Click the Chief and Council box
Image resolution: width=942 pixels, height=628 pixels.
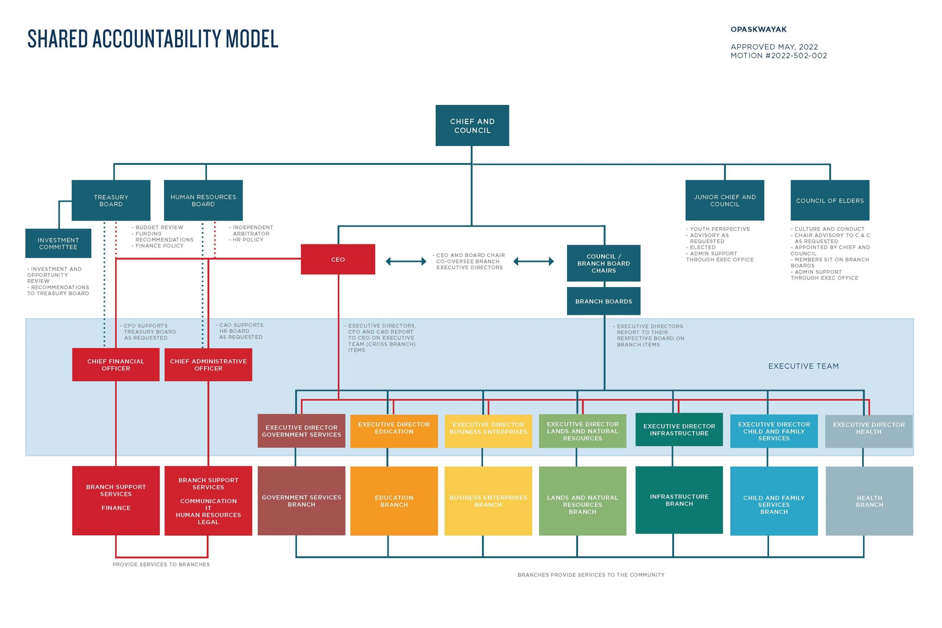[472, 125]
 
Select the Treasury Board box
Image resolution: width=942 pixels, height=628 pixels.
[111, 200]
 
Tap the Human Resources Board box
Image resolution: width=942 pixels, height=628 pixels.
[203, 200]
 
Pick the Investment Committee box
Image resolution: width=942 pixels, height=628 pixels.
[58, 243]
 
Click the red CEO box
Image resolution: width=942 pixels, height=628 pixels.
[338, 259]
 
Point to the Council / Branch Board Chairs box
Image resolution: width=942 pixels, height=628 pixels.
[603, 263]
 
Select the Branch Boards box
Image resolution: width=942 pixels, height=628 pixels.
[603, 301]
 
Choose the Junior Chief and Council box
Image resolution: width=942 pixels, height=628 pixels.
[725, 200]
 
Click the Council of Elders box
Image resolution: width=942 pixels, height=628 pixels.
[829, 200]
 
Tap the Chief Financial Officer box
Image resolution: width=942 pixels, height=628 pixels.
[116, 365]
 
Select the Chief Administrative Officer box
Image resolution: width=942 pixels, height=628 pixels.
[208, 365]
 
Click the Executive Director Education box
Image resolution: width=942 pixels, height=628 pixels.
[394, 430]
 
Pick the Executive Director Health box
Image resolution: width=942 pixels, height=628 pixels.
[869, 431]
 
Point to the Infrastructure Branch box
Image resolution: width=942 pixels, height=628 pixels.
[679, 500]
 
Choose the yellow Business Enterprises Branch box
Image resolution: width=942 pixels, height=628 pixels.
[488, 501]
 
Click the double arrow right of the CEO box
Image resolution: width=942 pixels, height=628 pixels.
[406, 262]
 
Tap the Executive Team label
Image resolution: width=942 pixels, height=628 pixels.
[803, 366]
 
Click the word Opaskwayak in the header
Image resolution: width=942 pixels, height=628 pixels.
[758, 30]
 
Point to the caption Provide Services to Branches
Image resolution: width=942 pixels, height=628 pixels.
[161, 564]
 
